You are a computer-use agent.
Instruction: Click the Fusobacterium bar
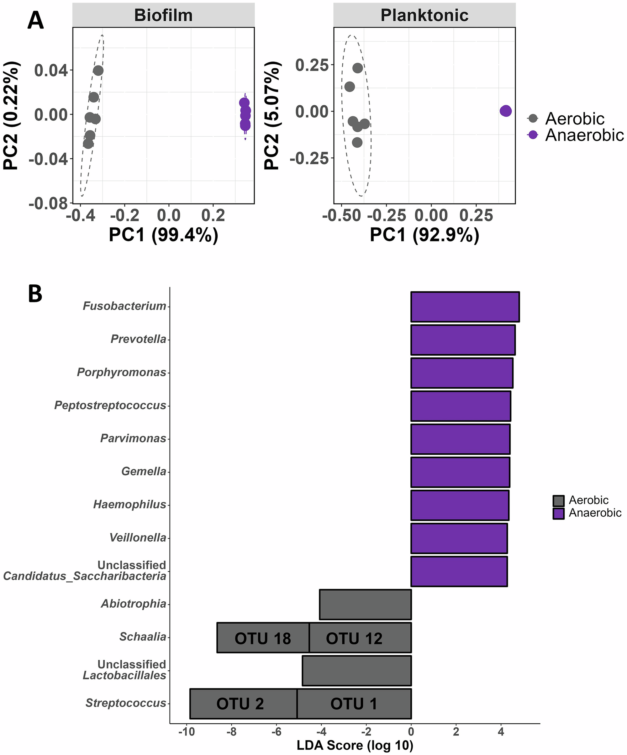pos(465,307)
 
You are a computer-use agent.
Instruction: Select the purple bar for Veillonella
pos(459,538)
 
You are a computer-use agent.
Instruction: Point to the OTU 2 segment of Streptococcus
pos(240,704)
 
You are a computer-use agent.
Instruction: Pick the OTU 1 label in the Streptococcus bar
pos(354,704)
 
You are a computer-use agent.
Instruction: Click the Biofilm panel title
pos(163,15)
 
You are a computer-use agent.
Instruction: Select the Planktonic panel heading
pos(424,15)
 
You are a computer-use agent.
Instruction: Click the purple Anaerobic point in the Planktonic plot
pos(505,111)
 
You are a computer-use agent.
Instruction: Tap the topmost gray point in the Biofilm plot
pos(98,71)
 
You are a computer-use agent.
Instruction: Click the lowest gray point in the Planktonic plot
pos(357,142)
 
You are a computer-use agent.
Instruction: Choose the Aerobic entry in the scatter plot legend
pos(575,118)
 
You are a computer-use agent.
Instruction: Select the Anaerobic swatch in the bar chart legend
pos(558,513)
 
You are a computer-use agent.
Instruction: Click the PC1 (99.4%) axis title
pos(163,235)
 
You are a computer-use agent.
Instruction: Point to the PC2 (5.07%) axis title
pos(272,115)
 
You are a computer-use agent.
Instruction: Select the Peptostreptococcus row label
pos(110,405)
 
